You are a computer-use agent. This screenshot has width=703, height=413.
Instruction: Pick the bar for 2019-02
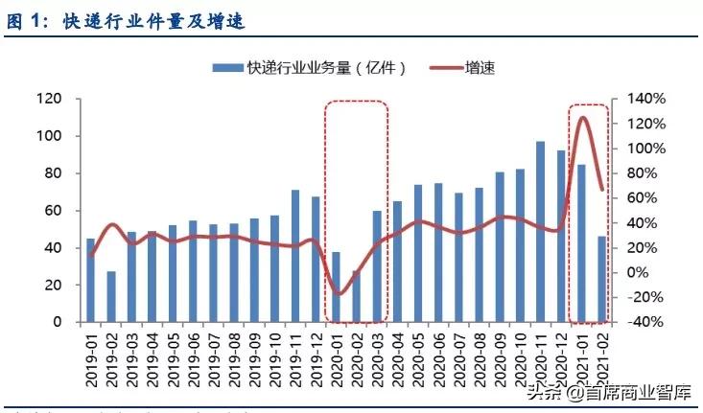click(111, 297)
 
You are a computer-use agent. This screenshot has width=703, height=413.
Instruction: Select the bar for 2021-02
click(602, 279)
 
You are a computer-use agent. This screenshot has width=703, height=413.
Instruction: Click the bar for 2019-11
click(295, 256)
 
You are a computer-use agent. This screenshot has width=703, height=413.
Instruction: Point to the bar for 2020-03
click(377, 266)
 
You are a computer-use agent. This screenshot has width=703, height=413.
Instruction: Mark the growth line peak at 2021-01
click(582, 118)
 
